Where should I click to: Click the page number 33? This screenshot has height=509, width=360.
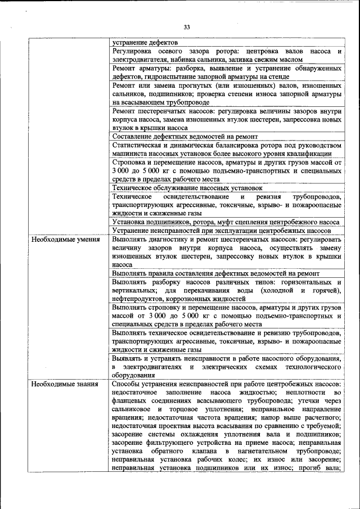[x=187, y=26]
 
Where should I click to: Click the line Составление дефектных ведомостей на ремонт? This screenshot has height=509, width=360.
[x=184, y=137]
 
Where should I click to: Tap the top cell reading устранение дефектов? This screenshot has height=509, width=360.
[x=145, y=42]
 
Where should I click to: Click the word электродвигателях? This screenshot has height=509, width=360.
[x=152, y=367]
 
